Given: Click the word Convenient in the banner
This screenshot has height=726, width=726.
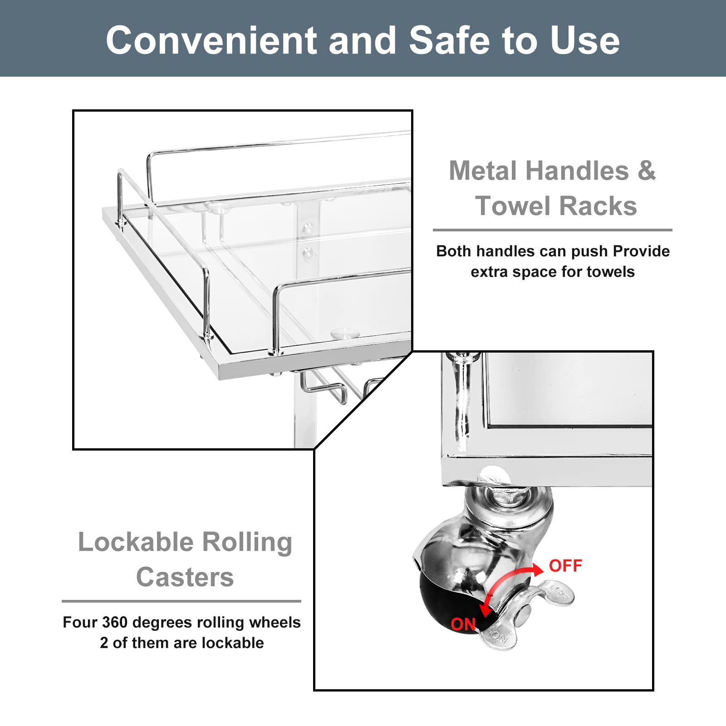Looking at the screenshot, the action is click(x=211, y=40).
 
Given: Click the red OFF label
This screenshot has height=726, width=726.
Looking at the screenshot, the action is click(x=565, y=566).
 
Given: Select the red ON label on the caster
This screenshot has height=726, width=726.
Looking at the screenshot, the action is click(x=463, y=624).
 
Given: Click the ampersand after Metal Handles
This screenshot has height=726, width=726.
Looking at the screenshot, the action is click(x=647, y=171).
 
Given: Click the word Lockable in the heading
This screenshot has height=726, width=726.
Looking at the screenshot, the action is click(x=136, y=542).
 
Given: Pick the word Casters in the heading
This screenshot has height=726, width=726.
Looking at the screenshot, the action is click(x=185, y=577).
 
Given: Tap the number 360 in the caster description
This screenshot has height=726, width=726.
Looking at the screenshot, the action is click(x=114, y=622).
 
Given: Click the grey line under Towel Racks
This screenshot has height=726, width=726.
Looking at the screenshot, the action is click(x=552, y=230).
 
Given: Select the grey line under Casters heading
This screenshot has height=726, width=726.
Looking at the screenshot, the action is click(x=181, y=601).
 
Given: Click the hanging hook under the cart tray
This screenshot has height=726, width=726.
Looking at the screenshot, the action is click(x=324, y=386).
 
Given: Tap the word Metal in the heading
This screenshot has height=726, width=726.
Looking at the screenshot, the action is click(x=484, y=171).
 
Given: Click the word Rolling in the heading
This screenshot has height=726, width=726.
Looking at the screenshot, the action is click(x=247, y=543).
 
